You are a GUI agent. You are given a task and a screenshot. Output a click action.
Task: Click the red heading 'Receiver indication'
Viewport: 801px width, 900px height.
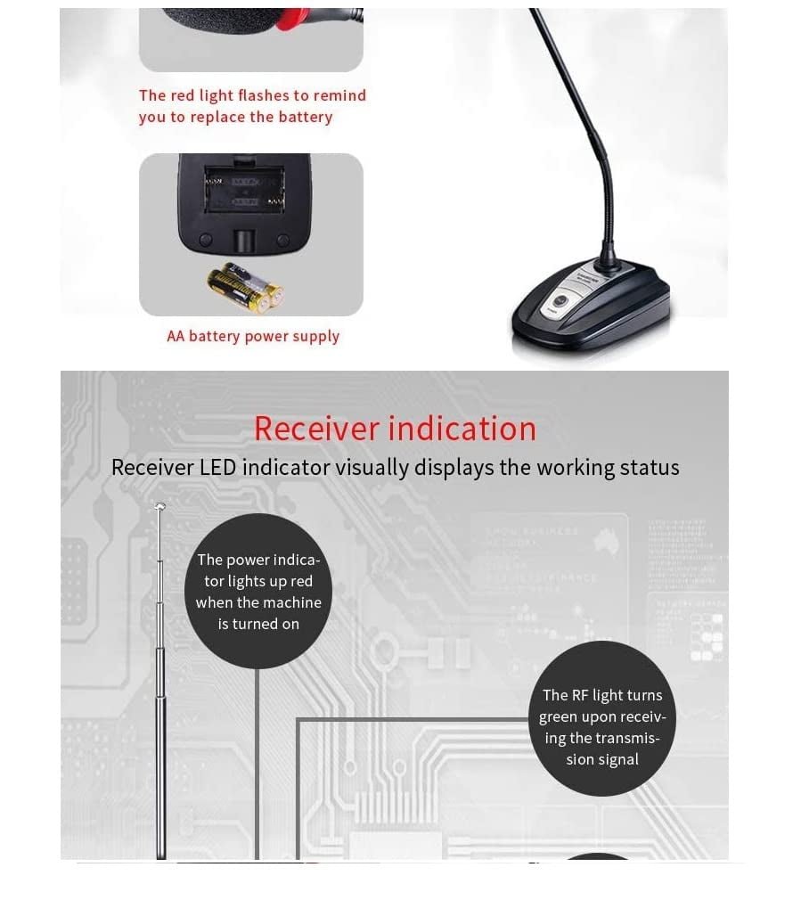click(x=395, y=429)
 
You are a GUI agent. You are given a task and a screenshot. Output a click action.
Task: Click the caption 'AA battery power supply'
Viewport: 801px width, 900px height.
click(x=253, y=337)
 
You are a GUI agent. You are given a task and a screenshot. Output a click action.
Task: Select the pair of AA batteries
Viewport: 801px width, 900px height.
click(x=244, y=287)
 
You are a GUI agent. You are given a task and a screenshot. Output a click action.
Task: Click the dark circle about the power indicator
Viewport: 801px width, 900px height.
click(x=258, y=592)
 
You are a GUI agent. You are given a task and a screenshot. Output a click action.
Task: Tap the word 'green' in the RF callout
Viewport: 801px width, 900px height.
click(x=557, y=717)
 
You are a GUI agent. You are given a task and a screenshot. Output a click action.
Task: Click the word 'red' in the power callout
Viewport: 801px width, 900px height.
click(x=302, y=582)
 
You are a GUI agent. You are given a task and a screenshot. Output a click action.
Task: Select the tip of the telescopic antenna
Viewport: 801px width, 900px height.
click(x=160, y=507)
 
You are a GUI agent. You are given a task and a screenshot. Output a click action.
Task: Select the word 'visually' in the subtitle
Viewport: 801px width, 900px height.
click(x=372, y=468)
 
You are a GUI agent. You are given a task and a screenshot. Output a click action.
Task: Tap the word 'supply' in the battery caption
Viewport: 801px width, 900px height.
click(x=316, y=337)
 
